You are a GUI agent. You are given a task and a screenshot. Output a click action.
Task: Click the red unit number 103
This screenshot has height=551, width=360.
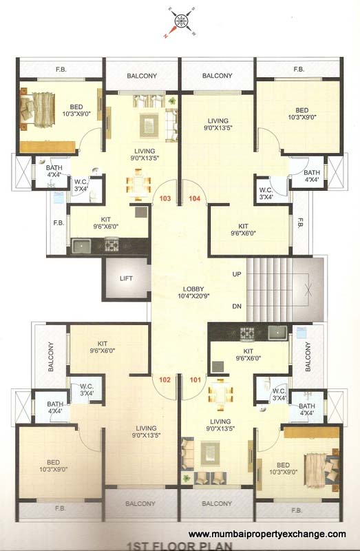point(165,198)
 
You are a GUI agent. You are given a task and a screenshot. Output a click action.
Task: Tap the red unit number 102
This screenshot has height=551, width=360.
point(165,379)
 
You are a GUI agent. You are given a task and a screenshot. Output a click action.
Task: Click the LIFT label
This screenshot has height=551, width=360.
point(125,279)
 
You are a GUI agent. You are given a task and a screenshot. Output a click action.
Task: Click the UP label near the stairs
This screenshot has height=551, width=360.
point(236,274)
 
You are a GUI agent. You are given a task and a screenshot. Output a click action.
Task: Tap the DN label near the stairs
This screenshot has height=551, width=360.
point(236,306)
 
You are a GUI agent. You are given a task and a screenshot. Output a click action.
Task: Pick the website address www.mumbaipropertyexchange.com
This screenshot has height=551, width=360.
point(267,534)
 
